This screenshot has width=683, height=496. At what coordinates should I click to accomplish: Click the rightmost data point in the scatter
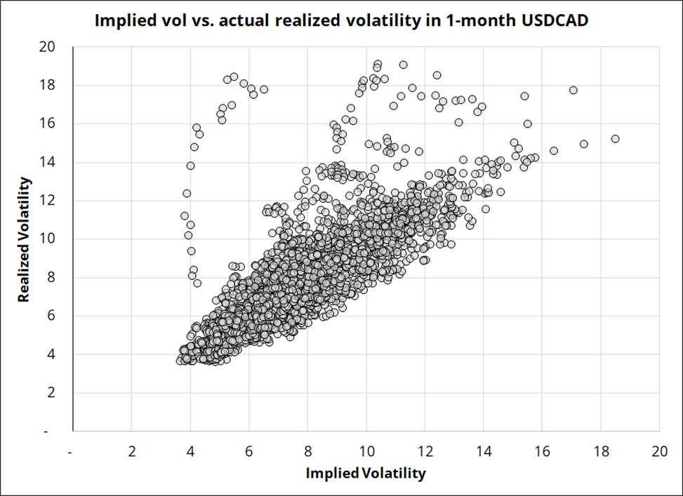(x=615, y=139)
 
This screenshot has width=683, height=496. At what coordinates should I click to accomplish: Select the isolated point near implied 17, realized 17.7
(x=573, y=90)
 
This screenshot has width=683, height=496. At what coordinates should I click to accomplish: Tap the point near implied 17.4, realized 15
(x=583, y=144)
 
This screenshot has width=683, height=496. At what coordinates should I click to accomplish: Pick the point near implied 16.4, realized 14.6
(x=554, y=151)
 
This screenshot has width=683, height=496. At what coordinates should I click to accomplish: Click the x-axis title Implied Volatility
(x=365, y=474)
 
